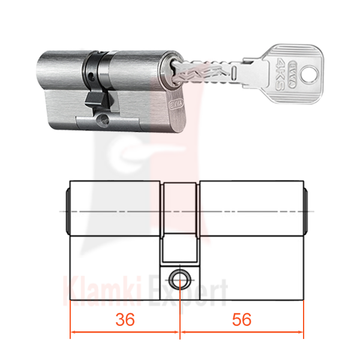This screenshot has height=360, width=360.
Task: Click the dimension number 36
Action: point(125,319)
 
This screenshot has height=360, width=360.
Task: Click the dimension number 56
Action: point(242,319)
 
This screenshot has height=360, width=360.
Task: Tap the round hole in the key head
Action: point(310,74)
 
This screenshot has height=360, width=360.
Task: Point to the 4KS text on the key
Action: point(280,74)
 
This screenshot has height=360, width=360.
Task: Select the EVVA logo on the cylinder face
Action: point(177,104)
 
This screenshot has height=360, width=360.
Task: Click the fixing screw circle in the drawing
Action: point(180,280)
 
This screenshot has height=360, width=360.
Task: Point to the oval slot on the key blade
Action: point(234,73)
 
